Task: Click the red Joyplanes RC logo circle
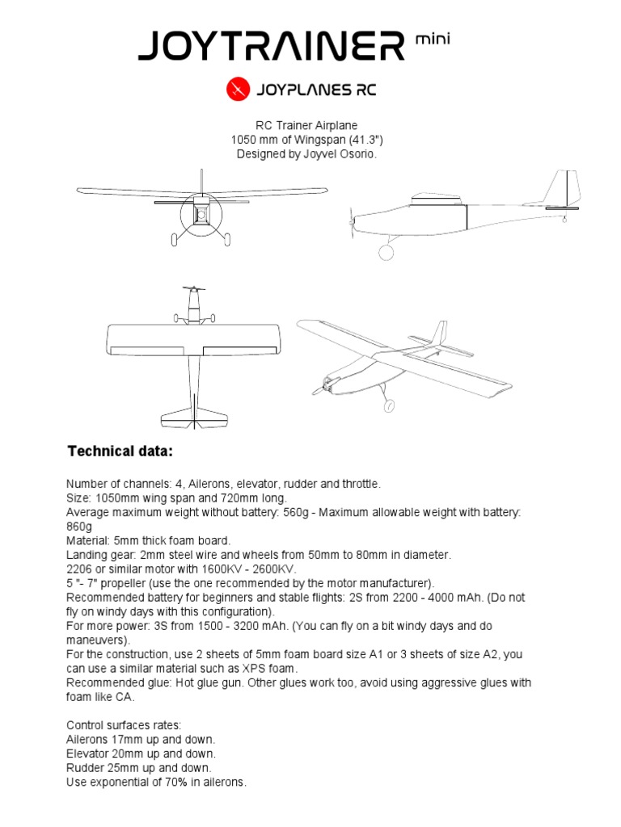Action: (x=236, y=90)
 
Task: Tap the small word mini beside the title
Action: (x=431, y=38)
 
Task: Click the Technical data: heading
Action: (x=120, y=450)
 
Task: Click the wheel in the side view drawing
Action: (x=387, y=252)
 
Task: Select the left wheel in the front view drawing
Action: (x=175, y=239)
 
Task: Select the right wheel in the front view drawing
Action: (x=226, y=239)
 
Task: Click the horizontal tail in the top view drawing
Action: (x=193, y=417)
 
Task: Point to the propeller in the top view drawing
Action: (x=193, y=289)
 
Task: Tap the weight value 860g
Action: (x=79, y=526)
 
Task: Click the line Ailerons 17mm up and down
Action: (x=140, y=739)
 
